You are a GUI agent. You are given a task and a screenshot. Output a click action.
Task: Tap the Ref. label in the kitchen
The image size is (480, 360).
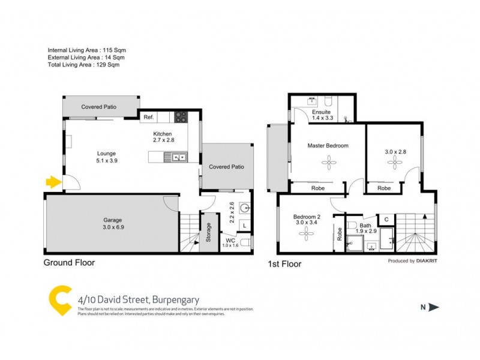(x=148, y=118)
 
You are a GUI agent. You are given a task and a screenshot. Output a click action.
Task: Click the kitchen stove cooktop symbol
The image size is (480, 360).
(x=181, y=118)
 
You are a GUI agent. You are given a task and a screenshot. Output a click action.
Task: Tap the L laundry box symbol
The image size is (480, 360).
(x=244, y=225)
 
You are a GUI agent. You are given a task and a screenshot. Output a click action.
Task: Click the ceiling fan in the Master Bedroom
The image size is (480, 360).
(x=328, y=160)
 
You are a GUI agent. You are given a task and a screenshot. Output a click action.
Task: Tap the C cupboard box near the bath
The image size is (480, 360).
(x=386, y=219)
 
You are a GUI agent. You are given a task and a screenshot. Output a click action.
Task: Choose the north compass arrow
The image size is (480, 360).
(x=433, y=307)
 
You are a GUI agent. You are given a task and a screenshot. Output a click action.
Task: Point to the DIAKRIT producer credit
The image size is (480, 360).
(x=427, y=261)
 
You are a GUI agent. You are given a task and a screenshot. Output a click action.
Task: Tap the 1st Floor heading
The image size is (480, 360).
(x=284, y=263)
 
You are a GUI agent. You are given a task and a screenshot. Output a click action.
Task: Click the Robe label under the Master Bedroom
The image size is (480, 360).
(x=317, y=187)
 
